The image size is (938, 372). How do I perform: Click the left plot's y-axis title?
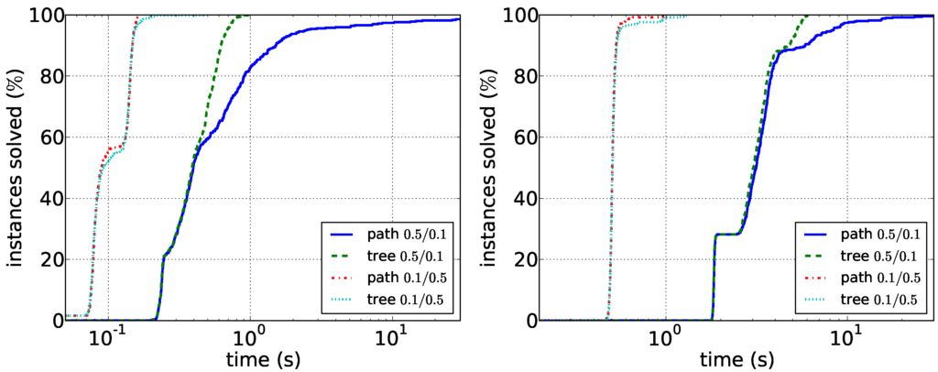(17, 168)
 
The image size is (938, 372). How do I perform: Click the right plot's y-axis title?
(491, 168)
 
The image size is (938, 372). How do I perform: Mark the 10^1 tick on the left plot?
(393, 335)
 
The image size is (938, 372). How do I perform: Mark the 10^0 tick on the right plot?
(662, 335)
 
